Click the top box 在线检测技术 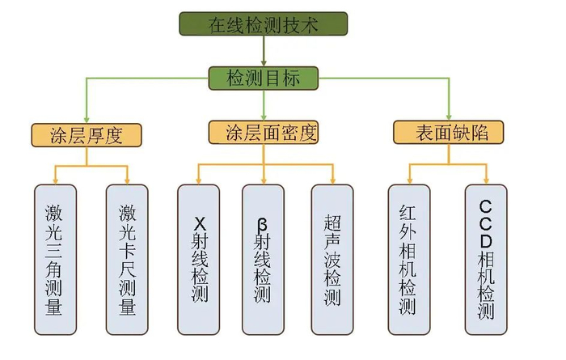click(x=264, y=24)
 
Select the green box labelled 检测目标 click(x=264, y=78)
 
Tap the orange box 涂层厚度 click(x=87, y=133)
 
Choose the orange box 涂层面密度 click(x=264, y=132)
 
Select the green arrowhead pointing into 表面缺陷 click(x=450, y=116)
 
